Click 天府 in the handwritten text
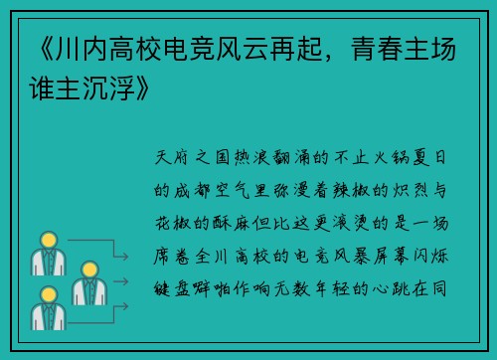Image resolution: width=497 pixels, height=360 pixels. (178, 159)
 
